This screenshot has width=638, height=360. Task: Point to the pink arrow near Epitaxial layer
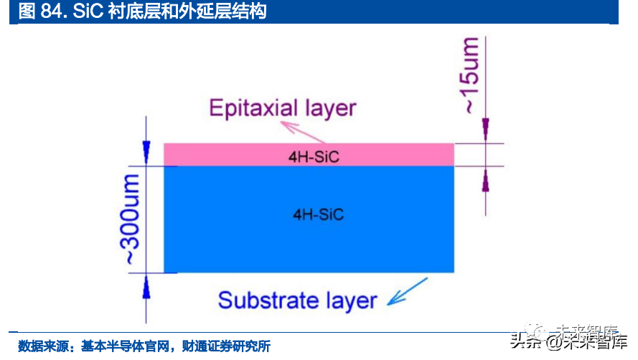[x=302, y=131]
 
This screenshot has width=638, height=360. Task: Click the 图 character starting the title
[x=25, y=12]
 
